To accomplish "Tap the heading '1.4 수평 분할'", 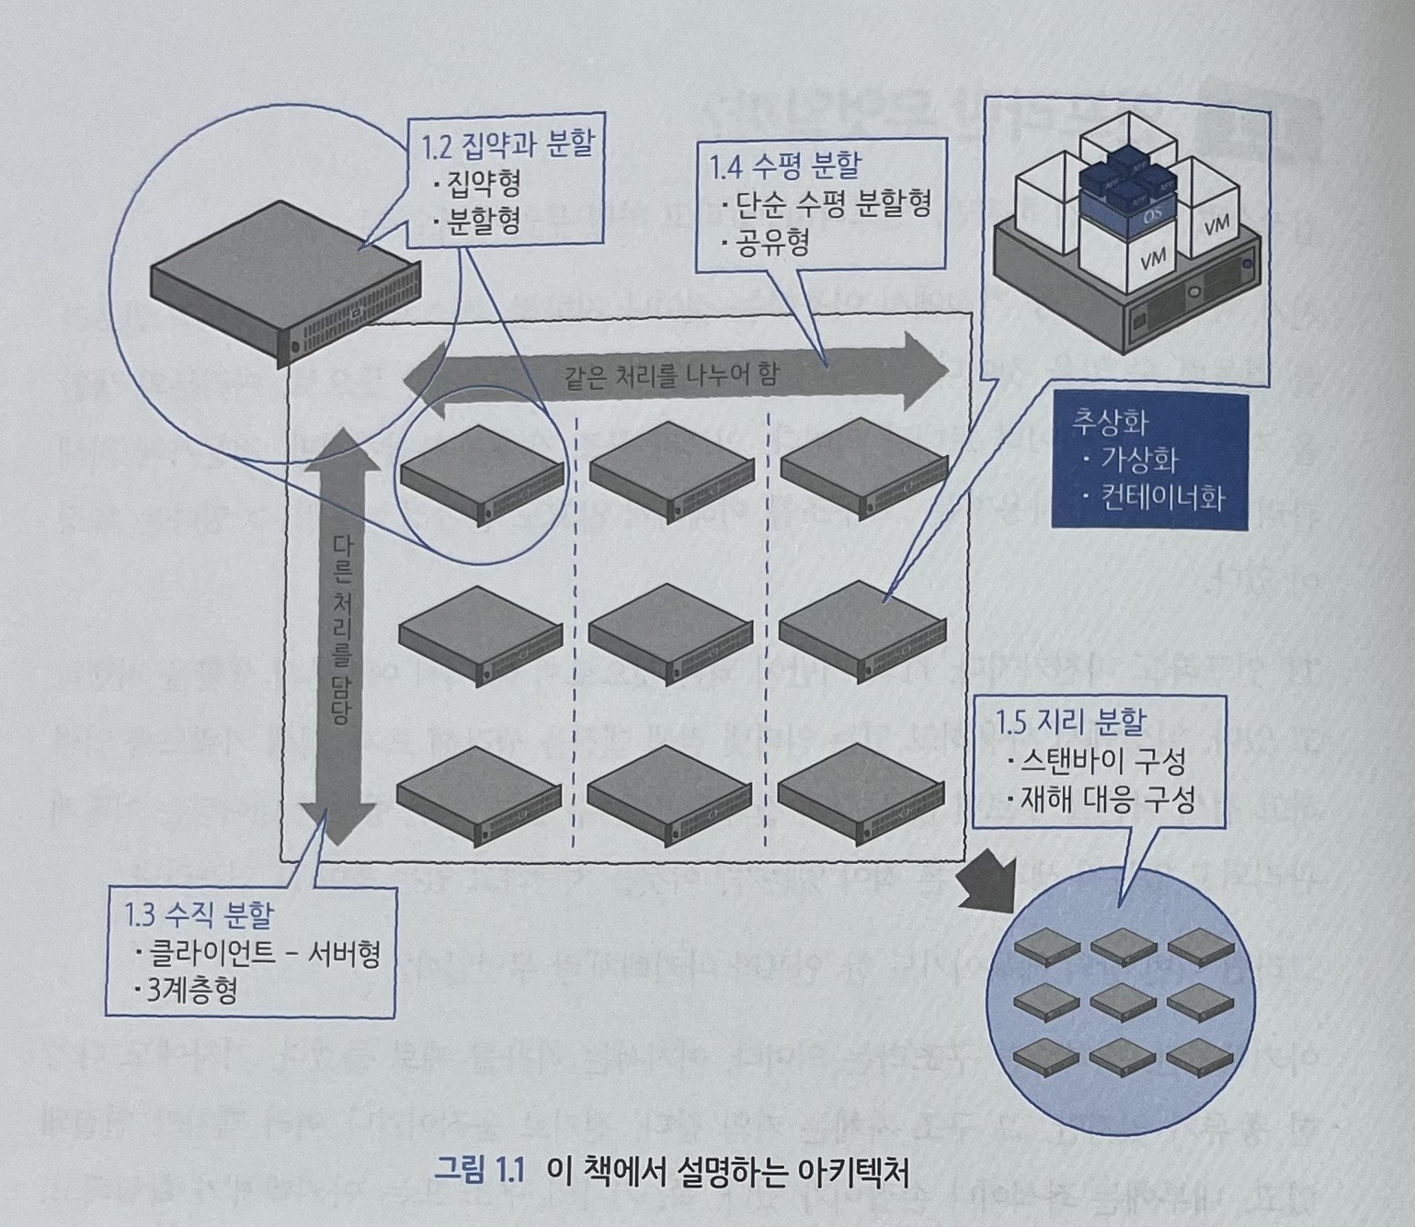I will tap(785, 165).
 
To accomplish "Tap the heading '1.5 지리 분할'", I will tap(1072, 722).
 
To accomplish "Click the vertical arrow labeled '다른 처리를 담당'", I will tap(339, 634).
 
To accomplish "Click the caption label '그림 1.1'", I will tap(480, 1174).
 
